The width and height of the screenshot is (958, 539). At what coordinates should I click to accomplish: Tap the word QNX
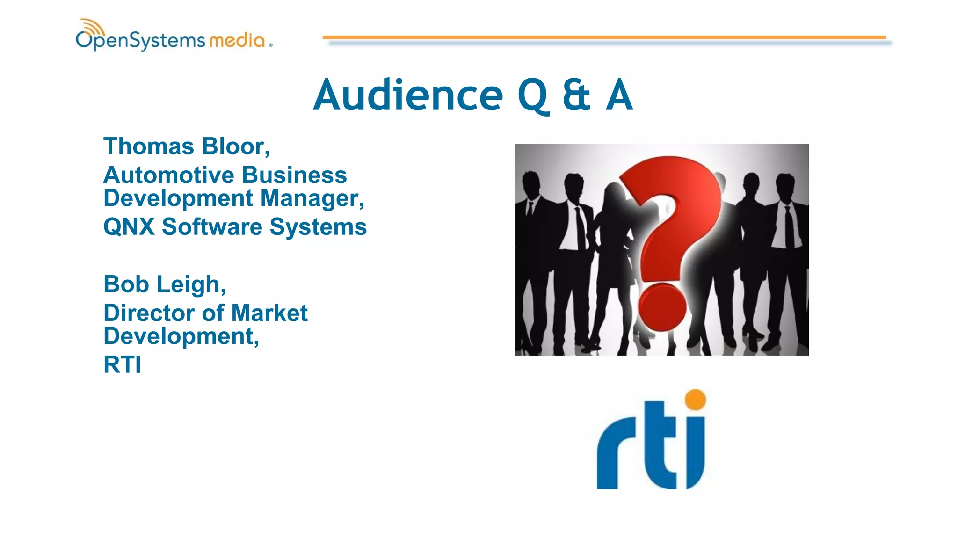129,227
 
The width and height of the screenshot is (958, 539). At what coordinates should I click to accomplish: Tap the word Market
269,313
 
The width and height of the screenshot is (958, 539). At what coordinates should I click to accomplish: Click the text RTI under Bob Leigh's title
122,365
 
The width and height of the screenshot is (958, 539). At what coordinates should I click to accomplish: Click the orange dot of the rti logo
695,400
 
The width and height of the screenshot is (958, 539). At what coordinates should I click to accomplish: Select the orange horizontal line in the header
603,37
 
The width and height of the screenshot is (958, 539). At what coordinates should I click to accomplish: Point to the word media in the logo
237,41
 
